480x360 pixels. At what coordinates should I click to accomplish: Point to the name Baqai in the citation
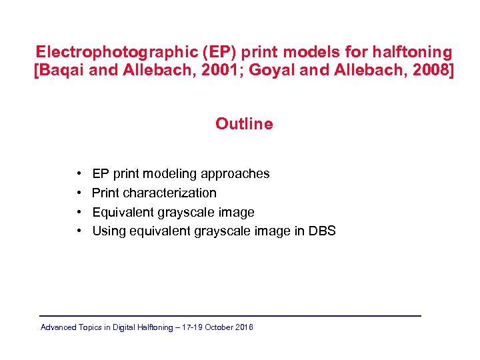pyautogui.click(x=63, y=71)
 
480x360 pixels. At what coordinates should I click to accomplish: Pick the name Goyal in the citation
pyautogui.click(x=267, y=71)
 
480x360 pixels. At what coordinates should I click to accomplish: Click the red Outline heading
pyautogui.click(x=244, y=124)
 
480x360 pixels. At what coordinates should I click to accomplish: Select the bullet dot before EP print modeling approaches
pyautogui.click(x=79, y=174)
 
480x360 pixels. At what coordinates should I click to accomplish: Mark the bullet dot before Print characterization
pyautogui.click(x=79, y=193)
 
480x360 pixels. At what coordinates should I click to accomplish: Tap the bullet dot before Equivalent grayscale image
pyautogui.click(x=79, y=213)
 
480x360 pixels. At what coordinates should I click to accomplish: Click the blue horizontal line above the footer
pyautogui.click(x=230, y=315)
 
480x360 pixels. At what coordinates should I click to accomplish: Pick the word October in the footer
pyautogui.click(x=221, y=327)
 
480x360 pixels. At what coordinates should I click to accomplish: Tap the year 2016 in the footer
pyautogui.click(x=245, y=327)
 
